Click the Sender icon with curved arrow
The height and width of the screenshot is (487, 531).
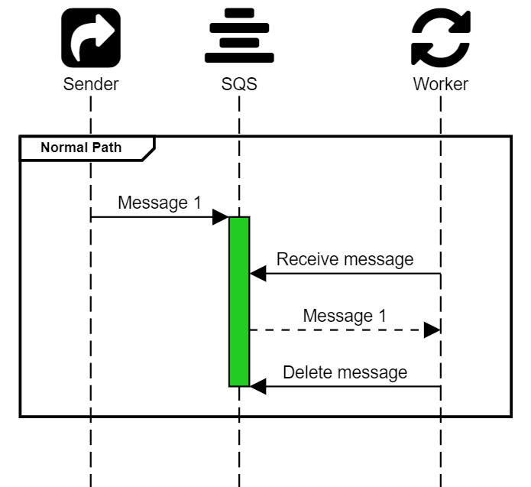(91, 37)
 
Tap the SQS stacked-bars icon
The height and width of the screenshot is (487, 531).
(238, 37)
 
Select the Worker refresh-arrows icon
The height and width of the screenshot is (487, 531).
(440, 37)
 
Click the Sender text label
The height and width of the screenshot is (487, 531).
(91, 83)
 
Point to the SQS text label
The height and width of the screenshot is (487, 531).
(238, 83)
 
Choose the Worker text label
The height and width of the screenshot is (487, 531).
(440, 83)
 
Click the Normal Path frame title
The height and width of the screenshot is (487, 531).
(80, 147)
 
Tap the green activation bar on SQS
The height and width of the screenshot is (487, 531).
(239, 302)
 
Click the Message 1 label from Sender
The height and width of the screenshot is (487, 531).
(159, 203)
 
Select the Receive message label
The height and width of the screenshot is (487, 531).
(345, 259)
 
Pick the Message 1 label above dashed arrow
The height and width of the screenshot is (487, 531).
(345, 315)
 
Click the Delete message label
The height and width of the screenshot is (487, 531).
(345, 372)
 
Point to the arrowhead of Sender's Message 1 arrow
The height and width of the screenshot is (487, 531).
(222, 217)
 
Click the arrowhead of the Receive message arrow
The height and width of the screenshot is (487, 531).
(257, 273)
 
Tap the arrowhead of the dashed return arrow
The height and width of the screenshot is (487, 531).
(432, 330)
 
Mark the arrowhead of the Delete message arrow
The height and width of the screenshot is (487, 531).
(257, 387)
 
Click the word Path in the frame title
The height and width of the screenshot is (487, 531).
(106, 147)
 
